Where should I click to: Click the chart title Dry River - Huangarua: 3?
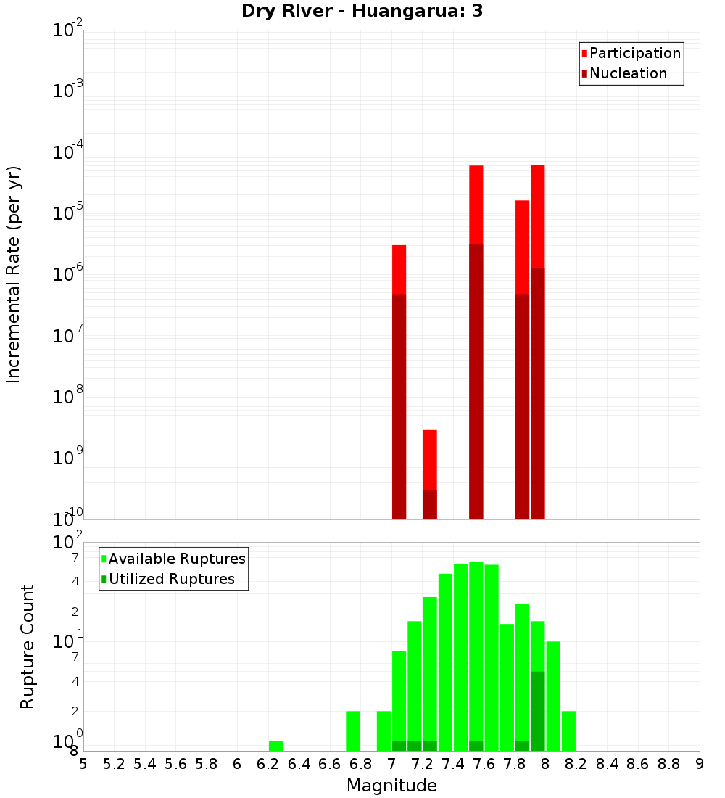[362, 11]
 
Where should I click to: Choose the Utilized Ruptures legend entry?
[171, 579]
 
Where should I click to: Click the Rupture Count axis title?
[28, 646]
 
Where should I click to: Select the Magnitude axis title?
[391, 786]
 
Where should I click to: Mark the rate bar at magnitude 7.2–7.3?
[430, 474]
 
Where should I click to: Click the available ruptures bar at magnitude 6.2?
[275, 746]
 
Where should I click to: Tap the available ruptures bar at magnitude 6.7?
[353, 731]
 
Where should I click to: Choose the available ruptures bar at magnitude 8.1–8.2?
[568, 731]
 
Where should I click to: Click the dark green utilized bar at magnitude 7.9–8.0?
[538, 711]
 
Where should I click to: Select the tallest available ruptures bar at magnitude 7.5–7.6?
[476, 653]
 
